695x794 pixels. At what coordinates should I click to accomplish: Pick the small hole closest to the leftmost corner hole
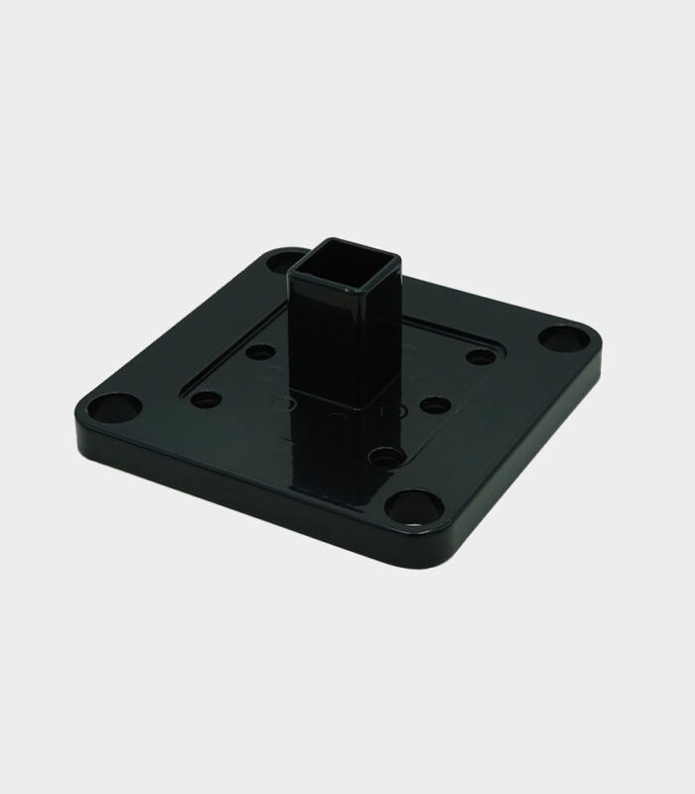pyautogui.click(x=206, y=402)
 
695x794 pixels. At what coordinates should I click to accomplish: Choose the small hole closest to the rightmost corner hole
pyautogui.click(x=482, y=356)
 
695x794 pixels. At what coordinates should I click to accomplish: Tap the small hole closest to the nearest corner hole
pyautogui.click(x=385, y=458)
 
